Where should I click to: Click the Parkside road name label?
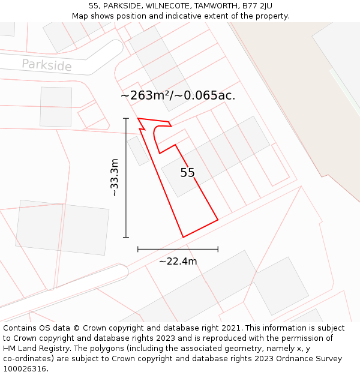pos(46,65)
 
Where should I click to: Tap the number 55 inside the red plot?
pos(187,173)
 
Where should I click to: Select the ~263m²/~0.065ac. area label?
pos(178,95)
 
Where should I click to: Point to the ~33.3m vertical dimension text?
pos(114,178)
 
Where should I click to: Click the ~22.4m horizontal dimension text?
pos(178,261)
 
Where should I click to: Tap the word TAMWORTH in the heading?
pos(214,6)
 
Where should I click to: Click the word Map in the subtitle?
pos(80,16)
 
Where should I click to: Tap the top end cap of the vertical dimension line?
pos(126,119)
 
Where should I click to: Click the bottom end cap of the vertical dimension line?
pos(126,237)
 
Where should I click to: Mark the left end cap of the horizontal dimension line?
pos(138,249)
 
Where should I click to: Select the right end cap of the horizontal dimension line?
pos(218,249)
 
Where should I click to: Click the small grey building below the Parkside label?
pos(56,107)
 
